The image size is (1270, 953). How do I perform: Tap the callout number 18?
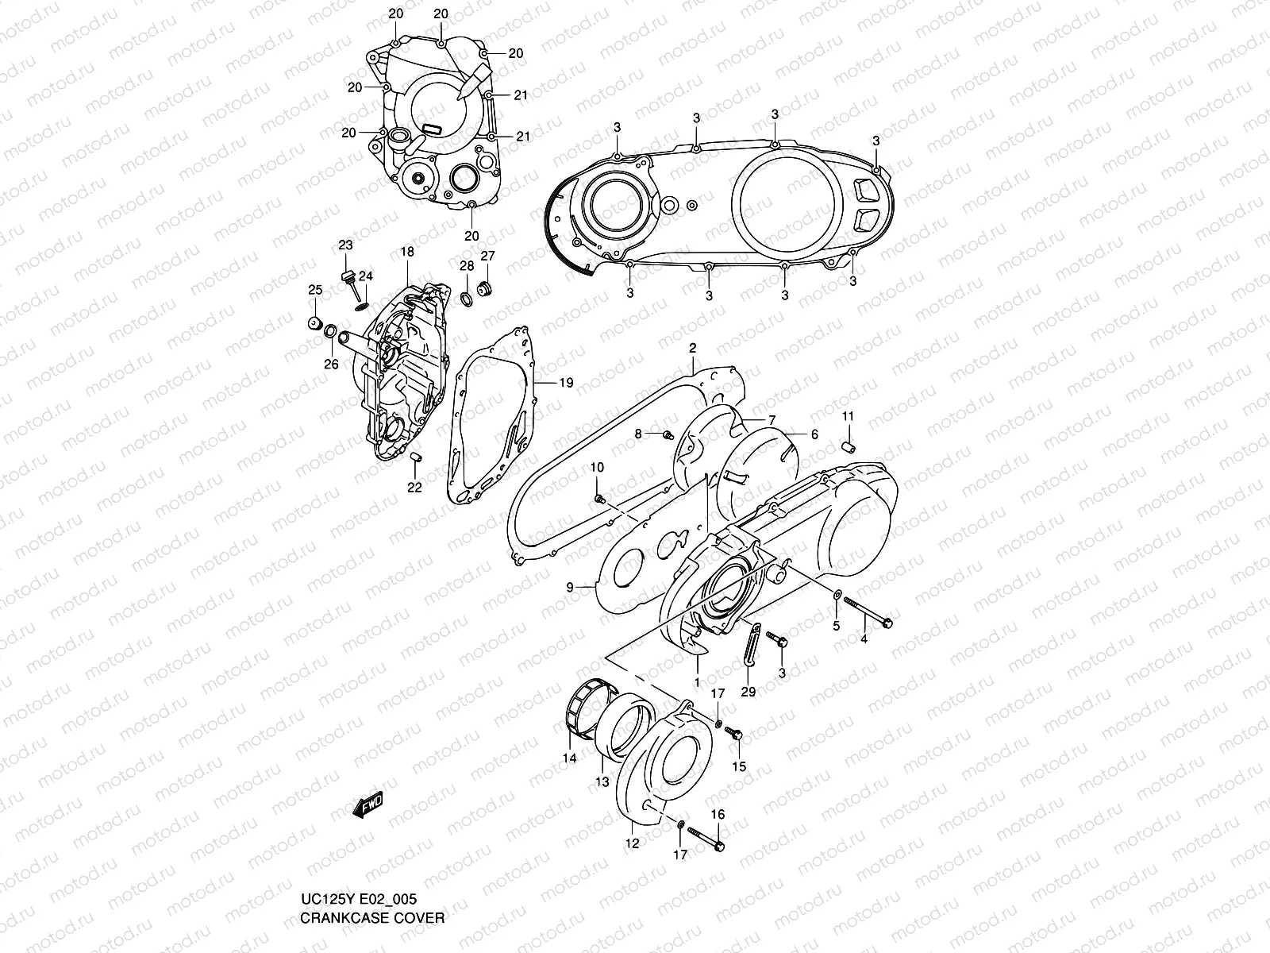coord(407,252)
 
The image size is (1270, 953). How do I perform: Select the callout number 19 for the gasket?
coord(565,383)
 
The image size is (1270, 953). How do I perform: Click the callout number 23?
coord(345,245)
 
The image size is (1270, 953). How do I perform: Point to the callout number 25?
coord(315,289)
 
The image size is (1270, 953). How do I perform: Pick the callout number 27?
coord(487,255)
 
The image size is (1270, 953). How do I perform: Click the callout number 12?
coord(633,844)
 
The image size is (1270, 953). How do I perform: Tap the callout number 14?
coord(569,758)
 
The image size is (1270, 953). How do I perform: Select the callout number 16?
coord(718,814)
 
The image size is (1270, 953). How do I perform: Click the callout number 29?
coord(748,692)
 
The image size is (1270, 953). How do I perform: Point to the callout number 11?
coord(848,416)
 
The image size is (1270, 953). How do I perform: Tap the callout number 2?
coord(692,348)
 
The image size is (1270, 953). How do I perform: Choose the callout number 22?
coord(414,488)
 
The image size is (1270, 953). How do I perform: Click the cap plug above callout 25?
coord(315,324)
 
